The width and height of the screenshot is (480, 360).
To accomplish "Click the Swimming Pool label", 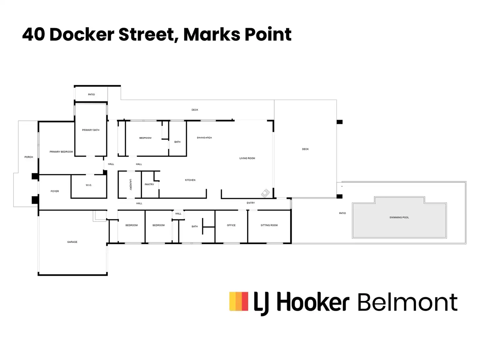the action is coord(399,217).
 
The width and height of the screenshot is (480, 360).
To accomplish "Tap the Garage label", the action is coord(72,242).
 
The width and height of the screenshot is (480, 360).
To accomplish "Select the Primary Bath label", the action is coord(91,130).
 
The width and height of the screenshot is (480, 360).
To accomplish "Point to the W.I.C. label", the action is coord(89,185).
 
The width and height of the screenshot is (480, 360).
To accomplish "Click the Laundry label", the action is coord(130,184).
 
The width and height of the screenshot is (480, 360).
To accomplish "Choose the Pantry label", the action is coord(149,184).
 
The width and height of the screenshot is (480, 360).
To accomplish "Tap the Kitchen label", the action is coord(190,180).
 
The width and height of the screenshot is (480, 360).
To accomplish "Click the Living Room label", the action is coord(247,158).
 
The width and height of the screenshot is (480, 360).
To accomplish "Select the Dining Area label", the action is coord(204,138).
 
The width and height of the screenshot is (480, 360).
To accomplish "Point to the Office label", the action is coord(231,225).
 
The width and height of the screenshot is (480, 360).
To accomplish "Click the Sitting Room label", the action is coord(269,225).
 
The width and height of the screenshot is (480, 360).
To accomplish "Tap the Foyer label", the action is coord(55,191).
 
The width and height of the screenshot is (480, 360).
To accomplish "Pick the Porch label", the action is coord(29,157).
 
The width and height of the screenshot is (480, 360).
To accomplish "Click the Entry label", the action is coord(251,203).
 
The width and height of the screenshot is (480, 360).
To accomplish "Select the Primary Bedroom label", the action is coord(61,152).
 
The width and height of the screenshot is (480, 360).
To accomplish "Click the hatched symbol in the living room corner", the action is coord(265,193).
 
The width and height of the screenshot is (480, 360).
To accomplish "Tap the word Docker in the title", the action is coord(82,34).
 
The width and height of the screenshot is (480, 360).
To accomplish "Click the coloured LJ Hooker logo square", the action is coord(239,301).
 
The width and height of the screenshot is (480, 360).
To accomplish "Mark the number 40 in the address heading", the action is coord(34,34).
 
